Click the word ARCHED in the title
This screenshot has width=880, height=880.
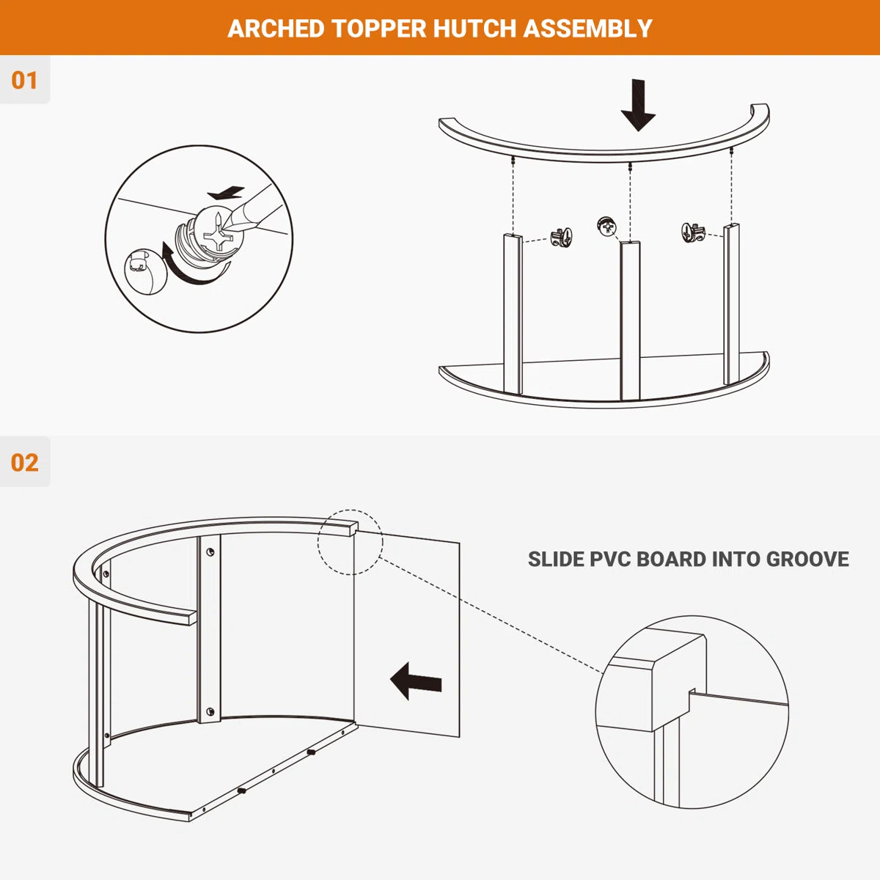coord(276,29)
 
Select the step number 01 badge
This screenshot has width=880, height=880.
coord(24,81)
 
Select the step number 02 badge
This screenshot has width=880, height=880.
coord(25,462)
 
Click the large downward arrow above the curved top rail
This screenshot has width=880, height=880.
coord(638,105)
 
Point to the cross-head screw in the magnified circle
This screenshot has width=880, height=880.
coord(219,235)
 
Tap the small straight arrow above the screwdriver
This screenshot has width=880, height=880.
coord(226,193)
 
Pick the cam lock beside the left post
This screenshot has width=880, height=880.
coord(561,238)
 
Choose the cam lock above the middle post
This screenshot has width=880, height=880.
coord(607,227)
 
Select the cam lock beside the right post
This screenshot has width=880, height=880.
coord(693,233)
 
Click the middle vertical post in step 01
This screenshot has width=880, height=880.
coord(630,320)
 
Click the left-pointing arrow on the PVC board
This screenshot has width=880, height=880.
coord(416,681)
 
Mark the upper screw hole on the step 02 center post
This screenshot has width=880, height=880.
coord(210,552)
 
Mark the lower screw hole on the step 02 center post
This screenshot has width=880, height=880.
coord(210,711)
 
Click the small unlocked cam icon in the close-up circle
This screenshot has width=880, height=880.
coord(143,272)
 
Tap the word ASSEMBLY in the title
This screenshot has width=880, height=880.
coord(587,29)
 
